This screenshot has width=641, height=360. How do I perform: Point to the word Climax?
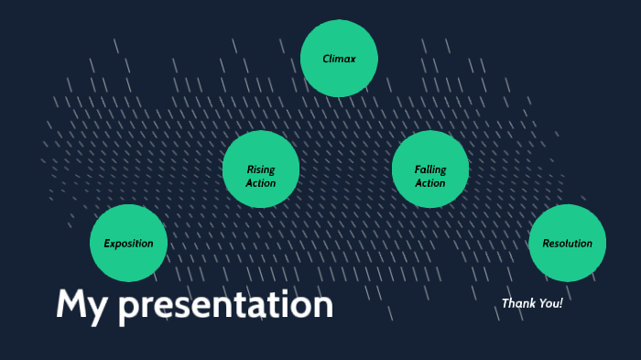pos(339,59)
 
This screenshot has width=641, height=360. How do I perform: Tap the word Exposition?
pos(128,244)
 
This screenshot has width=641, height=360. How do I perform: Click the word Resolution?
pos(568,244)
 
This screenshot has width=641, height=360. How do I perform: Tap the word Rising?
pos(261,169)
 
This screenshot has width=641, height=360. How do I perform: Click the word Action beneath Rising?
pos(261,183)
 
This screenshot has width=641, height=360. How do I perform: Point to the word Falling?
pos(430,169)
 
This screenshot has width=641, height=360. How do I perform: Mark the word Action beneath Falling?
pos(430,183)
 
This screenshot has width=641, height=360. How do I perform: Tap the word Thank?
pos(517,303)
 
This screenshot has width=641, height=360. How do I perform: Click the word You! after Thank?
pos(550,303)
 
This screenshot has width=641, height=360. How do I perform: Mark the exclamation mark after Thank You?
pos(561,303)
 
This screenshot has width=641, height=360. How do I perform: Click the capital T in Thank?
pos(505,303)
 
